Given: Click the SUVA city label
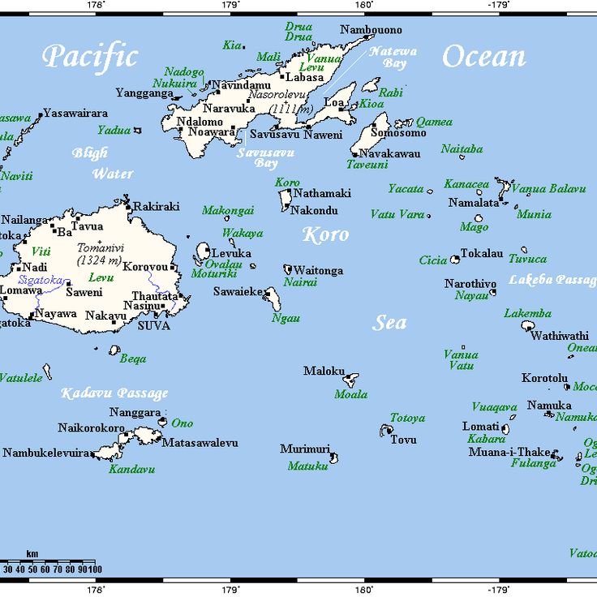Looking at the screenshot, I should [154, 325].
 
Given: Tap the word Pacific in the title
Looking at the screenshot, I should [90, 57].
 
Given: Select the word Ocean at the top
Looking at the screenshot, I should [483, 57].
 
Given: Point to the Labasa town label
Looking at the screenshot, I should [306, 77].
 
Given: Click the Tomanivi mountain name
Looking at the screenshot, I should [99, 248].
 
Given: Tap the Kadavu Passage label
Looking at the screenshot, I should [114, 393].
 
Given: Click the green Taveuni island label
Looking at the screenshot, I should [367, 164].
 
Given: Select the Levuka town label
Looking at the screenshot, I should [230, 253].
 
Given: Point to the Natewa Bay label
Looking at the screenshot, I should [393, 57].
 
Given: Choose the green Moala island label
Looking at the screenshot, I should [350, 394].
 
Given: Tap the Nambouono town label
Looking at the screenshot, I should [371, 30].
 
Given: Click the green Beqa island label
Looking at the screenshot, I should [133, 359].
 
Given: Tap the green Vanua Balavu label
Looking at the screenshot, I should [548, 188].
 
